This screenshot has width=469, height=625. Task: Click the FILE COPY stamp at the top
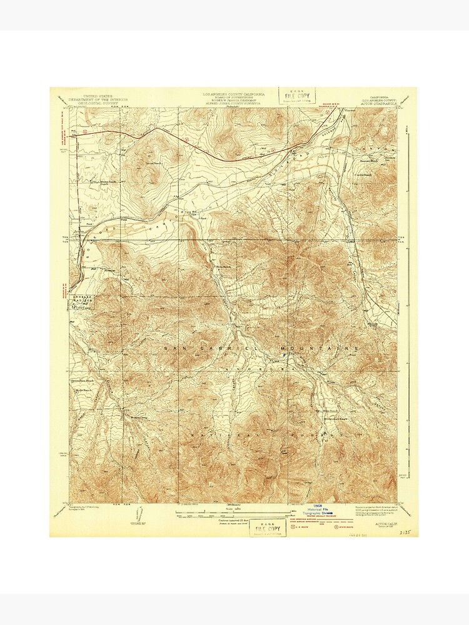tap(298, 95)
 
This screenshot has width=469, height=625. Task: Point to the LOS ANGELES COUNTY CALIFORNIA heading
tap(232, 92)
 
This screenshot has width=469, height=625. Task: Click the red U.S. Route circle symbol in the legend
tap(295, 527)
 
